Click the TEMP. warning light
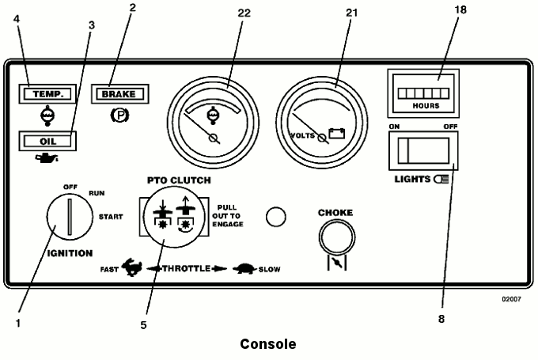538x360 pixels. (47, 93)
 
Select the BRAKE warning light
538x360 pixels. (119, 93)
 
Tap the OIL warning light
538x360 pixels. (47, 141)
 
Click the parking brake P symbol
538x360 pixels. (119, 116)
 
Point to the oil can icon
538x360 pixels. (47, 158)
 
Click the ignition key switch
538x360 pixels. (70, 217)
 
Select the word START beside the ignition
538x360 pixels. (111, 217)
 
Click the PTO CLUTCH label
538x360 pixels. (179, 180)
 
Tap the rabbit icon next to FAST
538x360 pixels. (132, 267)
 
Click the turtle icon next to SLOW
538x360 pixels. (244, 269)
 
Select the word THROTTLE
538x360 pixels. (186, 268)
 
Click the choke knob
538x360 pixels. (337, 237)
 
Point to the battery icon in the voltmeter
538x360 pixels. (336, 133)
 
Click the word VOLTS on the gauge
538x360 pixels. (302, 135)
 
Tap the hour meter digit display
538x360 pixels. (423, 93)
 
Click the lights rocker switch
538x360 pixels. (423, 151)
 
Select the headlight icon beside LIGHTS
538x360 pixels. (441, 179)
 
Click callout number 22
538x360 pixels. (244, 13)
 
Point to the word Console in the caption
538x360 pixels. (268, 344)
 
